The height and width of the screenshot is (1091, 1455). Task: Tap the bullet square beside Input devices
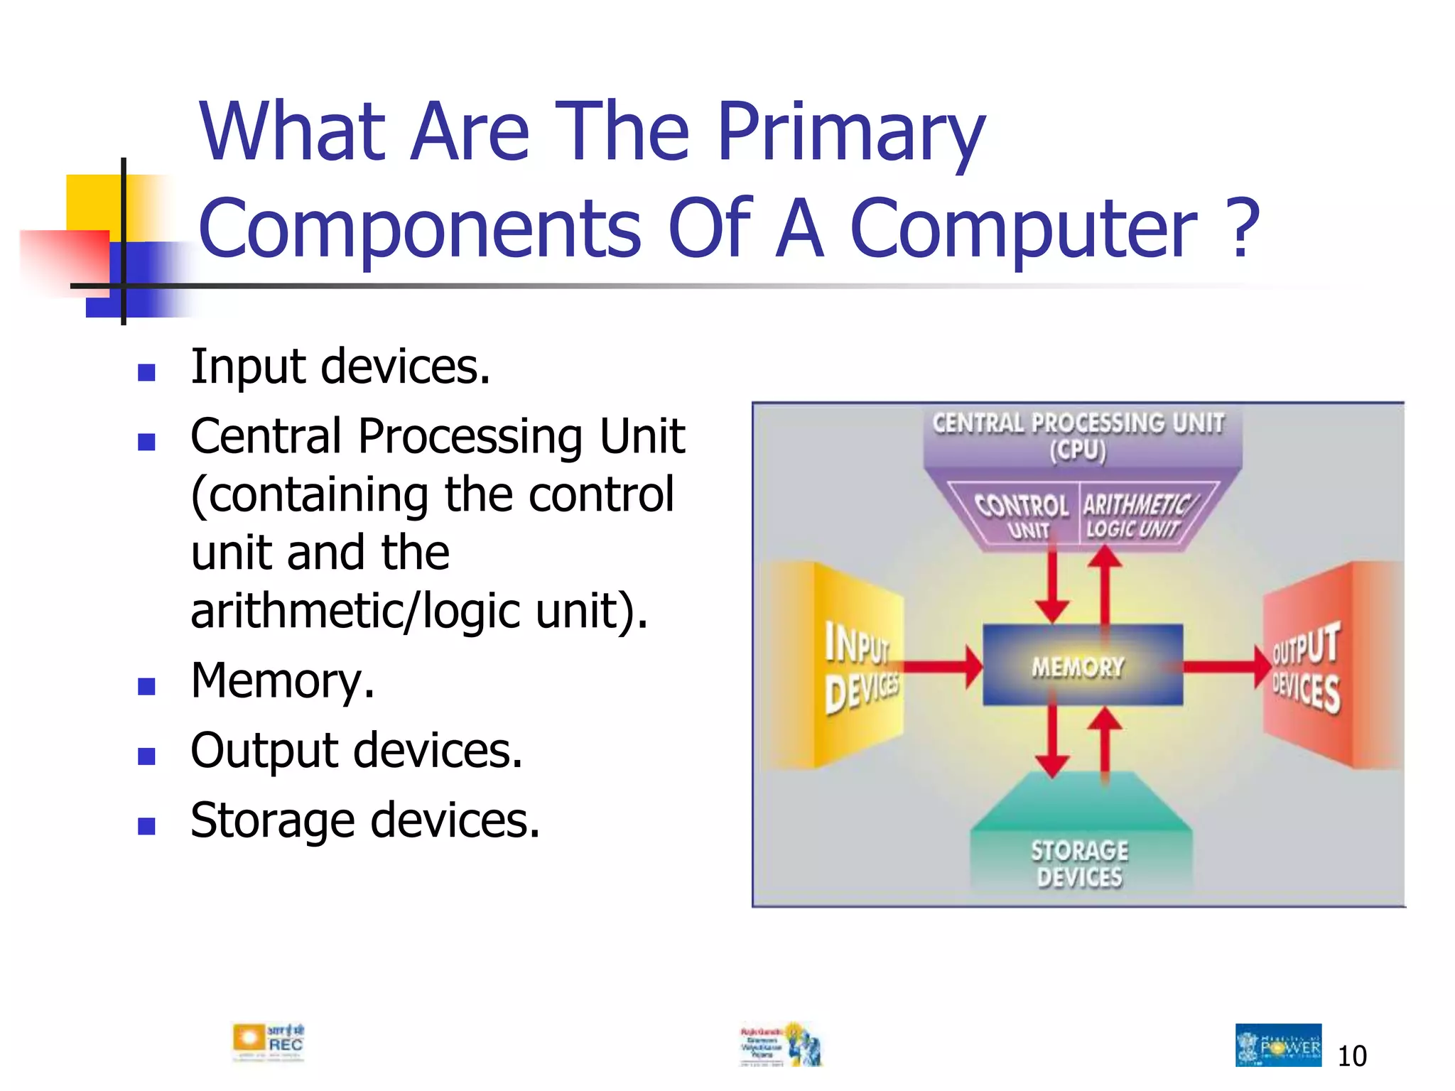[146, 372]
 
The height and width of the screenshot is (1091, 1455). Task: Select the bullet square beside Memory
[146, 686]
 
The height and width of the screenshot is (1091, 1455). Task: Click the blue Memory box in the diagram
[1082, 666]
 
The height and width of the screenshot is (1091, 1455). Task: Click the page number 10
[1351, 1056]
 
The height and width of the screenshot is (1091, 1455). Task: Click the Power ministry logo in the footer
[1278, 1045]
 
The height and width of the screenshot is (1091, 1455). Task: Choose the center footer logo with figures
[781, 1045]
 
